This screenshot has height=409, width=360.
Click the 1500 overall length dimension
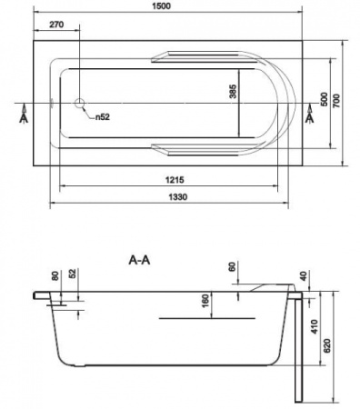tap(162, 5)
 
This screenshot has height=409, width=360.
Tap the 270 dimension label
tap(56, 25)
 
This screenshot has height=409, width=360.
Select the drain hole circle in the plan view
tap(80, 104)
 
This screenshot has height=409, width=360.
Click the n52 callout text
tap(103, 117)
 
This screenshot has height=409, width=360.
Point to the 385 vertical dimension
tap(233, 92)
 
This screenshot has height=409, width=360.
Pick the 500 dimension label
tap(324, 99)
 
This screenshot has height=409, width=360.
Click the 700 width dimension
tap(336, 101)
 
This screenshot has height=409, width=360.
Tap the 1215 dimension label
tap(175, 180)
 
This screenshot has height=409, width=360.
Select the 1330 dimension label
tap(178, 197)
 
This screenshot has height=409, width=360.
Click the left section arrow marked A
tap(24, 114)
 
